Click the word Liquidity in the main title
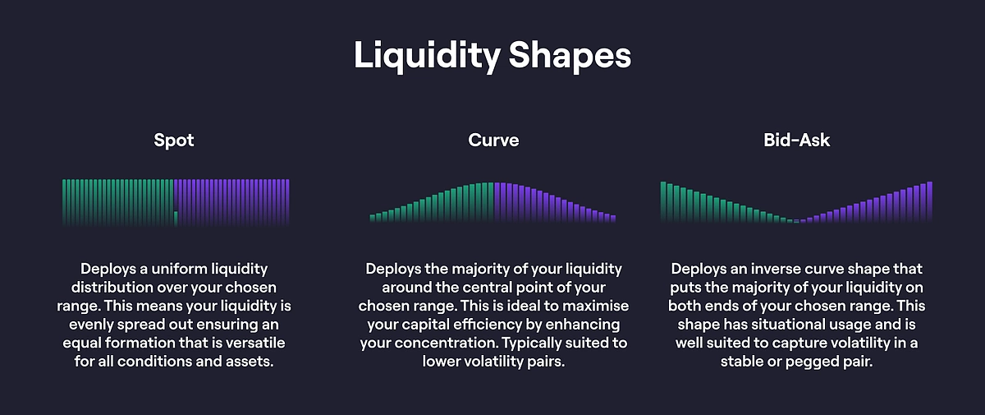pos(427,56)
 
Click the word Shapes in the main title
pos(570,55)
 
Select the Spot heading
pos(174,141)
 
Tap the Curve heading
pos(493,140)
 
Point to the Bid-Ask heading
pos(797,140)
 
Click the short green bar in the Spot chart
pos(176,219)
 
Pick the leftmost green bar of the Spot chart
pos(64,202)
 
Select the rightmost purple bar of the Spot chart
pos(287,202)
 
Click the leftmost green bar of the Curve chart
pos(373,218)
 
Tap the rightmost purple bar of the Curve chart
pos(613,219)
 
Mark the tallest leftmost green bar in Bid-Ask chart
pos(663,201)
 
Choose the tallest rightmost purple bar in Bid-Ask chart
pos(929,201)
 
